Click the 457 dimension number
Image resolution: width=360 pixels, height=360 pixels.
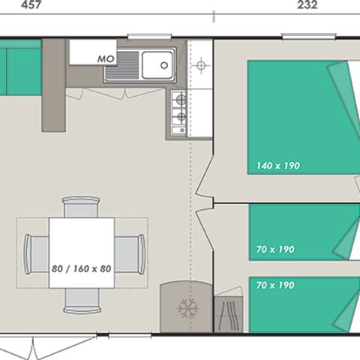tap(12, 4)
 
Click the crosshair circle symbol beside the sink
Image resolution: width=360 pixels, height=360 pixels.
tap(200, 65)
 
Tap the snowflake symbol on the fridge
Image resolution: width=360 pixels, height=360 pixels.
tap(185, 308)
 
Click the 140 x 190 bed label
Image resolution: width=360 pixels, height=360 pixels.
tap(277, 166)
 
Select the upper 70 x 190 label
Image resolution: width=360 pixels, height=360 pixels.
tap(275, 249)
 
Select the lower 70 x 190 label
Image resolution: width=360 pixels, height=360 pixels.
tap(275, 285)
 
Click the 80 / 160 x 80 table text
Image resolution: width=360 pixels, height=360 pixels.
tap(82, 268)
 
